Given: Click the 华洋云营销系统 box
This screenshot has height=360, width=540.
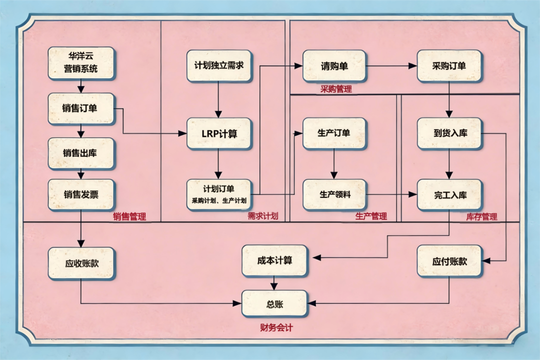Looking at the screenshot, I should point(81,63).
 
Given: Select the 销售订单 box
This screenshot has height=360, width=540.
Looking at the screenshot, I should point(81,108).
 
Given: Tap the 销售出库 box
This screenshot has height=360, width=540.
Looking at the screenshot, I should point(81,153).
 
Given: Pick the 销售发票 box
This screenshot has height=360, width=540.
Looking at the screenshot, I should point(81,194).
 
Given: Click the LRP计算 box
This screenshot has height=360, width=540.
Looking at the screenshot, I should point(218,133).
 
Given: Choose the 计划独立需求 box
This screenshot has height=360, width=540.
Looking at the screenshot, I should point(218,65).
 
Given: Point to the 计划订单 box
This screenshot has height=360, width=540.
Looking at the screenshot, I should point(218,194).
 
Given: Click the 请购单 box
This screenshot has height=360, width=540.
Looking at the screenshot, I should point(334,65).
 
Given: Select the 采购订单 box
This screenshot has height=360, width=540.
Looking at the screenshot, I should point(449,65).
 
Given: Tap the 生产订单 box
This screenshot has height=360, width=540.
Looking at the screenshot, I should point(334,133).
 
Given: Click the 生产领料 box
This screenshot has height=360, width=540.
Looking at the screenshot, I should point(334,194).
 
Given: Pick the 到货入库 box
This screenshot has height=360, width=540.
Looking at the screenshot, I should point(449,133).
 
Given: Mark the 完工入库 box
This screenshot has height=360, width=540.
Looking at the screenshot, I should point(449,194).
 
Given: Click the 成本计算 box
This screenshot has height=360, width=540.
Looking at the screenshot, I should point(274,260).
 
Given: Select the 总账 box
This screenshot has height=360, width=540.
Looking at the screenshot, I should point(274,302).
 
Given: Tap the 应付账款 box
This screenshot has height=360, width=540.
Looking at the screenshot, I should point(449,260).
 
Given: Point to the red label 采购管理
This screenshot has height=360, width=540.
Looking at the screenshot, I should point(336,89).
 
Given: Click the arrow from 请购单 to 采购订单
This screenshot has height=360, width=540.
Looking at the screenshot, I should point(391,65).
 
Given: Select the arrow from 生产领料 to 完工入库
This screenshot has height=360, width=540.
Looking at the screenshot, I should point(391,194).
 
